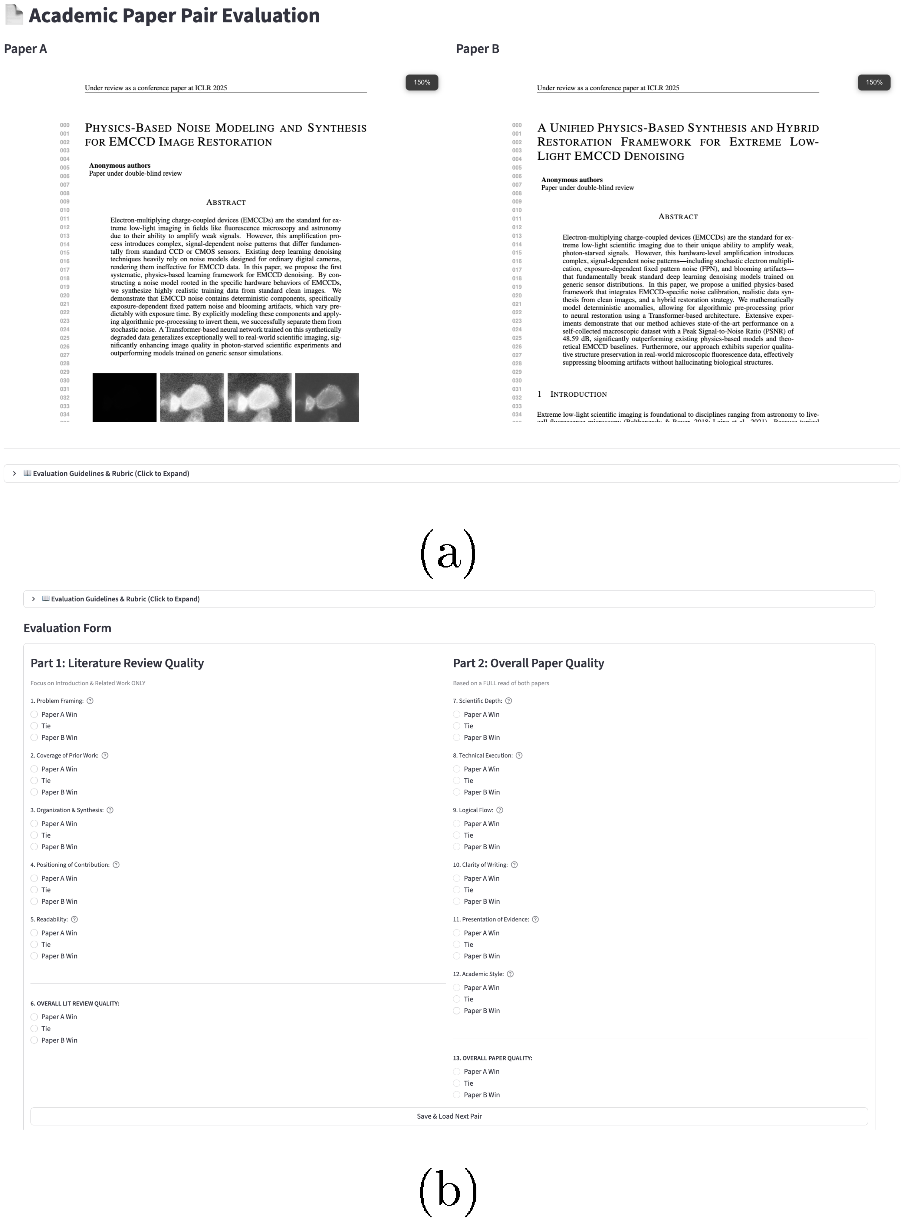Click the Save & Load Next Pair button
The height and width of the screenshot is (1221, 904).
(x=449, y=1116)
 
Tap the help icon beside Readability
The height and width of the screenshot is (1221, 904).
(x=74, y=919)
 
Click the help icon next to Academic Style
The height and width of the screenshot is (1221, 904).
(x=510, y=974)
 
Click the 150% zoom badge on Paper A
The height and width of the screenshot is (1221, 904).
(x=421, y=82)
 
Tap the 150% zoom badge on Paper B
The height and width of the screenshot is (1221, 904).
(x=873, y=82)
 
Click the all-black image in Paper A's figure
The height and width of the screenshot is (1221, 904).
(x=124, y=398)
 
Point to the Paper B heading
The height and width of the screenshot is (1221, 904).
(x=477, y=49)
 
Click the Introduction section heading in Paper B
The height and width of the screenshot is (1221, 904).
(x=578, y=394)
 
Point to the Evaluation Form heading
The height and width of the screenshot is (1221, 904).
(x=67, y=628)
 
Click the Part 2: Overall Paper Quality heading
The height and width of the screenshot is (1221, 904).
(x=528, y=663)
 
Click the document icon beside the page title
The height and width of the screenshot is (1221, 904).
(x=14, y=15)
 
